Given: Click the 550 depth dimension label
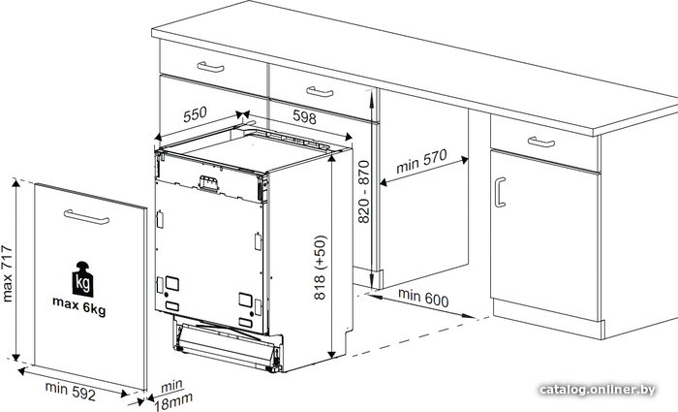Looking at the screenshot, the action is point(195,114).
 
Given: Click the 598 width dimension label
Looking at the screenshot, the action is point(305,117).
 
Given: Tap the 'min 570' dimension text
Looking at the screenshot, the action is point(421,161).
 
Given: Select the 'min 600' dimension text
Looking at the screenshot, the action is point(423,298).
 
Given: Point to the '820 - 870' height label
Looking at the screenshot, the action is point(364,192).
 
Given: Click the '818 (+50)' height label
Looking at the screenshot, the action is point(321,268).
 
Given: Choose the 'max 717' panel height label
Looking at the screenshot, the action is point(8,273).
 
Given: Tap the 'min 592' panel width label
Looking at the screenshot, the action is point(70,390).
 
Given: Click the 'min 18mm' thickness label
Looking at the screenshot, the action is point(173,395).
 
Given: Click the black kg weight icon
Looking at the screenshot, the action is point(82,279).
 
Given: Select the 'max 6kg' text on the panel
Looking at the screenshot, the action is point(79,305).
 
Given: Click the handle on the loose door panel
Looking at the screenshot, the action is point(86,217).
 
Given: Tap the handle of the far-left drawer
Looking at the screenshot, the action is point(210,67).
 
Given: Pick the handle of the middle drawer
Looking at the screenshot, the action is point(320,92).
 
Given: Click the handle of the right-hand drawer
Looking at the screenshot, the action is point(541,142).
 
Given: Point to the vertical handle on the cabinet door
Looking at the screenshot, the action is point(500,192).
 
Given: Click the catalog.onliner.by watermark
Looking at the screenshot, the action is point(598,390).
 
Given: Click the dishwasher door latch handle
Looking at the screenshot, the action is point(207,182).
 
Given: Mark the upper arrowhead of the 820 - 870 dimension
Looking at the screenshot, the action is point(372,94).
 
